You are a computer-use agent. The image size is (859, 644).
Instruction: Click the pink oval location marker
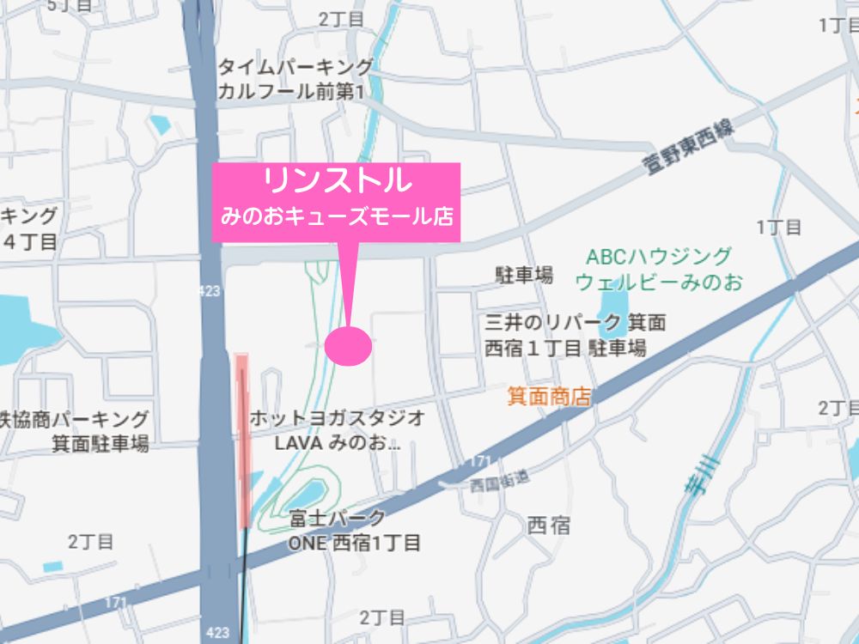coord(349,345)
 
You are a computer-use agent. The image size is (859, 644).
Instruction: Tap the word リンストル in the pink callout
coord(336,182)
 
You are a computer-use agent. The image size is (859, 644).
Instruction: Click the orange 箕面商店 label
coord(550,396)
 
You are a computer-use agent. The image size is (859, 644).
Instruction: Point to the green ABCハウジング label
coord(659,256)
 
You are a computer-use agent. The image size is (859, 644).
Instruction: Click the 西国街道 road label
coord(500,483)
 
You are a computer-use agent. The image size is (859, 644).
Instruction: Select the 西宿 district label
coord(548,525)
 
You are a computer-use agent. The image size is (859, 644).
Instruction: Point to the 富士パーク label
coord(337,519)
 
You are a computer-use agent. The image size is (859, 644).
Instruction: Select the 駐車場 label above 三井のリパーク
coord(523,275)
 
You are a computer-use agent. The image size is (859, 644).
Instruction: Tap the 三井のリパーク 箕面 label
coord(576,324)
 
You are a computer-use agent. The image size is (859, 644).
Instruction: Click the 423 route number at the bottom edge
coord(218,633)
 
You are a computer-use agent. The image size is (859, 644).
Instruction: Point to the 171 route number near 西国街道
coord(480,463)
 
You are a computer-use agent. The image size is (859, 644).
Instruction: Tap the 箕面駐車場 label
coord(100,444)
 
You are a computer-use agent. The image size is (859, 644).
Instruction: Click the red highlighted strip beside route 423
coord(242,438)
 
